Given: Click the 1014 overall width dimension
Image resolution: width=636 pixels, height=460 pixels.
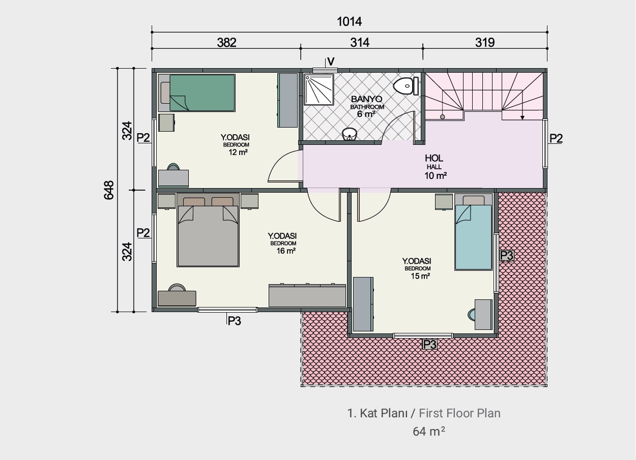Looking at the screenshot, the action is click(x=349, y=22).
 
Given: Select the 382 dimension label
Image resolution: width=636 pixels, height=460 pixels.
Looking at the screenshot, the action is click(x=226, y=43).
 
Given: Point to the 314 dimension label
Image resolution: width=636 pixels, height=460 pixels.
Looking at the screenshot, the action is click(x=360, y=43).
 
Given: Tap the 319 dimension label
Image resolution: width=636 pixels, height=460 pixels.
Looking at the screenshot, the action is click(x=485, y=43).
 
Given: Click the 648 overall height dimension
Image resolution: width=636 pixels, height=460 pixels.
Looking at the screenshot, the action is click(x=109, y=190).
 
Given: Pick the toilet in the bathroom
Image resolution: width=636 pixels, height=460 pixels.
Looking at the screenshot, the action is click(x=406, y=86).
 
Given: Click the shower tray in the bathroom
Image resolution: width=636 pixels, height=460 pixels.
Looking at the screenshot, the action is click(x=319, y=89).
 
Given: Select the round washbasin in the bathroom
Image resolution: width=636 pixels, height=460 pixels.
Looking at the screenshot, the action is click(x=350, y=134).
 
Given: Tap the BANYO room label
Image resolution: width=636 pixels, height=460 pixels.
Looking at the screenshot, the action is click(x=366, y=99).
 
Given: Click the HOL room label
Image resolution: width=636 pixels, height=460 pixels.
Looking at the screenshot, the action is click(x=434, y=158).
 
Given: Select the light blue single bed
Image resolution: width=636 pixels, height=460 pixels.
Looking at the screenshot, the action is click(x=473, y=232).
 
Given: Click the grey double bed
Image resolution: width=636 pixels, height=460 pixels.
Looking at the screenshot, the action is click(x=208, y=230).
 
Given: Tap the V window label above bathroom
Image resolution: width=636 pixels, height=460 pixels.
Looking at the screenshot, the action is click(x=331, y=62).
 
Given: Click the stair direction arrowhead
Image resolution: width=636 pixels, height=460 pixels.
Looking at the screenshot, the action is click(x=522, y=118).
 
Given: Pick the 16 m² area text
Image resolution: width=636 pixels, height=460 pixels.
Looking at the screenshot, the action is click(x=286, y=251).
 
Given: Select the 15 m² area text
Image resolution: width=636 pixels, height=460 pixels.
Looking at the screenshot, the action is click(x=420, y=276).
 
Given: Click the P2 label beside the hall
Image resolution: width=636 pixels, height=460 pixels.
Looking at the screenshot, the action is click(x=556, y=138).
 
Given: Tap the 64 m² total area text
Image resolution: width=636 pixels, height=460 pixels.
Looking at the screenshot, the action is click(x=429, y=432).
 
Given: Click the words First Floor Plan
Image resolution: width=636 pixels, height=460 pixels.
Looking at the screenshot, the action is click(x=459, y=413).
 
